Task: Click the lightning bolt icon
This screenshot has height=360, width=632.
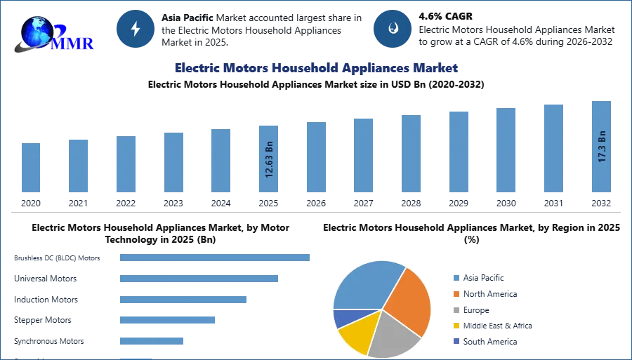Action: coord(136,29)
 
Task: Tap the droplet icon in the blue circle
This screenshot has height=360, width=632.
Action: coord(393,29)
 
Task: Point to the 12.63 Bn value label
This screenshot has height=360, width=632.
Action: coord(269,159)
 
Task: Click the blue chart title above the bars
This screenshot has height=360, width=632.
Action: coord(316,68)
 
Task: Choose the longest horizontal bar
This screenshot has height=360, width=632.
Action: coord(216,258)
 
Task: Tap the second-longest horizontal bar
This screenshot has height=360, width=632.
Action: coord(199,280)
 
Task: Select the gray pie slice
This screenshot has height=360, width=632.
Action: coord(392,335)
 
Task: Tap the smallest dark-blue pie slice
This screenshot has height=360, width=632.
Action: coord(343,318)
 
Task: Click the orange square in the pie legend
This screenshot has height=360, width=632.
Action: coord(456,293)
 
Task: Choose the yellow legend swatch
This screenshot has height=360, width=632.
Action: coord(456,326)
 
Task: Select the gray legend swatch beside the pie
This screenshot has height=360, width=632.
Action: coord(456,309)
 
